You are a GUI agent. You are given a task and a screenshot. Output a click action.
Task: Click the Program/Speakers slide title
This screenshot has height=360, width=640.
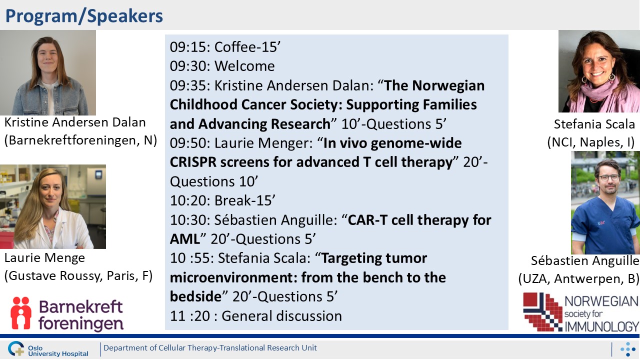point(84,16)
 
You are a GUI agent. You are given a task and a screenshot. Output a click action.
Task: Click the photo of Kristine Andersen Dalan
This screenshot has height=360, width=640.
point(48,72)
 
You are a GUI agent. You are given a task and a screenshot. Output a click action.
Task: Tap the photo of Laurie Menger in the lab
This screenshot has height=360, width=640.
point(53,206)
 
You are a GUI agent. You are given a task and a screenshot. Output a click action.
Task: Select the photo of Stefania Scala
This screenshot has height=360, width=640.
point(599,71)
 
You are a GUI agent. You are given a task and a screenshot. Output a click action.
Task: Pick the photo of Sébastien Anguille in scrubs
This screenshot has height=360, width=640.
point(605,202)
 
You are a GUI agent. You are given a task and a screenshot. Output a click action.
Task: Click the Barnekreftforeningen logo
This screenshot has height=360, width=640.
point(67,314)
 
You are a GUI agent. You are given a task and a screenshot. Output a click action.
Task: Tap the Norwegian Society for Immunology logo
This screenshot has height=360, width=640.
point(581,312)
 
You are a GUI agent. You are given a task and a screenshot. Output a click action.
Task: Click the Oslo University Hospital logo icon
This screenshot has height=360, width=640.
point(16,348)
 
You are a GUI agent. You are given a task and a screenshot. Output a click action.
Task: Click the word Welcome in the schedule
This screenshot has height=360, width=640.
point(244,66)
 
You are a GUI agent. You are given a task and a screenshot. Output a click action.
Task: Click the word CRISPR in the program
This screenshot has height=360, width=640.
point(193,162)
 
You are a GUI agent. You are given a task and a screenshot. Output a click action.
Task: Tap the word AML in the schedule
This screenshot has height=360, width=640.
point(184,239)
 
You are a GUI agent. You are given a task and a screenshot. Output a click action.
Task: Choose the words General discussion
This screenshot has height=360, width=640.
point(281,316)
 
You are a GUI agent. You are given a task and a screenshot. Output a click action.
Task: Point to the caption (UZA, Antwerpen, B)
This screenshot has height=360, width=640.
point(579,279)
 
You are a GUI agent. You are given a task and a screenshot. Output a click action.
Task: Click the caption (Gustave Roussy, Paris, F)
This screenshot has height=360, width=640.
point(78,276)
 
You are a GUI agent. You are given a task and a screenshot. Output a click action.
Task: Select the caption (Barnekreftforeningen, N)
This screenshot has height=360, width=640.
point(80,140)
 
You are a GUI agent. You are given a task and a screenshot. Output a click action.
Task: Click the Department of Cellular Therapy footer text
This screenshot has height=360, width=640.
point(210,348)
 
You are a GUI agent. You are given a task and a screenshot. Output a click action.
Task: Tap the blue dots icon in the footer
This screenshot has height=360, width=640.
point(627,349)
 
